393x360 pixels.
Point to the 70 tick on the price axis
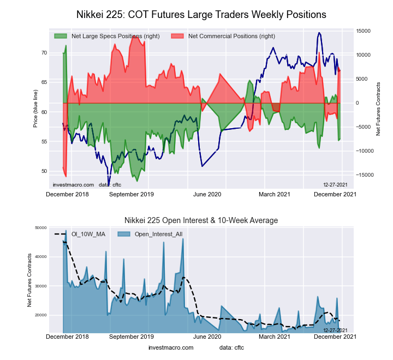pyautogui.click(x=44, y=53)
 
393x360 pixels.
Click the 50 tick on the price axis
pyautogui.click(x=44, y=171)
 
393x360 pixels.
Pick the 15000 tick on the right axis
pyautogui.click(x=365, y=31)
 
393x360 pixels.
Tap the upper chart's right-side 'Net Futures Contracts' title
pyautogui.click(x=378, y=109)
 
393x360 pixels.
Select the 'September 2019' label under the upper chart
pyautogui.click(x=132, y=194)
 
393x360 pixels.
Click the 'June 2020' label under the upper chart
pyautogui.click(x=207, y=194)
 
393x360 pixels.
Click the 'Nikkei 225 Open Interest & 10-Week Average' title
pyautogui.click(x=201, y=220)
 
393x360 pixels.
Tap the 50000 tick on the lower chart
pyautogui.click(x=40, y=227)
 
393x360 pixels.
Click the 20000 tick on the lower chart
pyautogui.click(x=40, y=315)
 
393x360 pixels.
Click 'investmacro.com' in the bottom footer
pyautogui.click(x=171, y=347)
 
